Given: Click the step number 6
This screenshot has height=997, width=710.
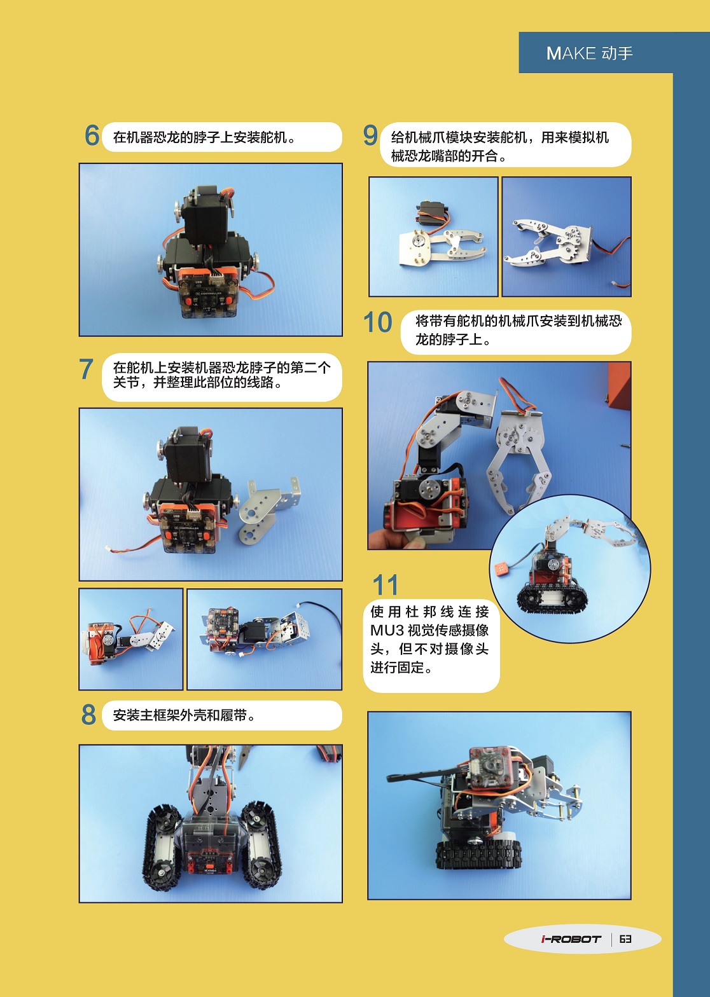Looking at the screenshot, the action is (x=92, y=135).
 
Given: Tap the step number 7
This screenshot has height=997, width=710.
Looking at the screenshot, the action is (x=87, y=369).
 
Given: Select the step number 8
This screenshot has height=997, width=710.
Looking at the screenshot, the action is (x=88, y=715).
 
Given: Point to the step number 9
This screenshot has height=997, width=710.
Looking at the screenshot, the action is (x=370, y=135).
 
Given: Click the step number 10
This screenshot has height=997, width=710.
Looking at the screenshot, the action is (x=378, y=322).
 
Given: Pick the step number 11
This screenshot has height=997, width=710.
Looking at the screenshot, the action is (x=386, y=585).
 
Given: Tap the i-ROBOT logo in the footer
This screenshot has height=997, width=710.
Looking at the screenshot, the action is (x=571, y=939).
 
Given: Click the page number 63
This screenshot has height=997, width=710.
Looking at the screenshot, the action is (x=626, y=939).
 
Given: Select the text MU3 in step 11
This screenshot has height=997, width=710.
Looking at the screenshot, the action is (x=386, y=631).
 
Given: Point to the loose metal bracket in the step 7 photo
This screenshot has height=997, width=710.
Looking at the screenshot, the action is (x=268, y=511).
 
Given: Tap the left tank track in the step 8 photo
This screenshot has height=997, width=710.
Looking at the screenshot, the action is (x=162, y=837).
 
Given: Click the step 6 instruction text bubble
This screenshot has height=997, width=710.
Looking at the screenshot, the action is (x=222, y=137).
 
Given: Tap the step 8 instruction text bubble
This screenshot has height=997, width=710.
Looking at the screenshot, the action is (x=222, y=715).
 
